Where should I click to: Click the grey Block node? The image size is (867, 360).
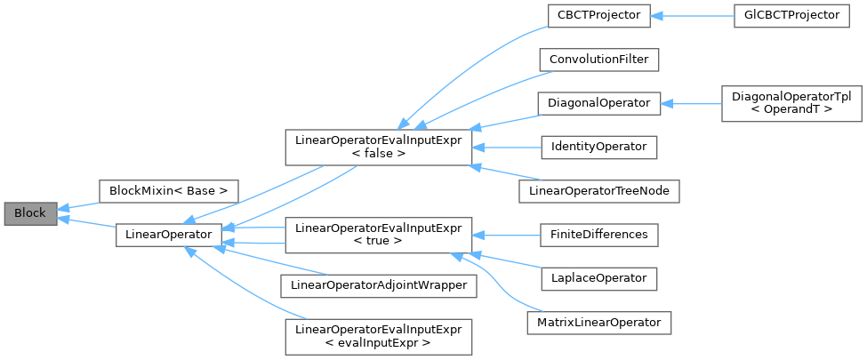tap(30, 212)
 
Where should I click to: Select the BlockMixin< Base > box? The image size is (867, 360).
tap(168, 190)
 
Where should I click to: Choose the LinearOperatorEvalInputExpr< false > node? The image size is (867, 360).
tap(377, 147)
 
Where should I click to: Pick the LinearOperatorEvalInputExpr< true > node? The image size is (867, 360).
tap(377, 235)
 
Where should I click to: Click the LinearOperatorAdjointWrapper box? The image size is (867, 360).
tap(377, 285)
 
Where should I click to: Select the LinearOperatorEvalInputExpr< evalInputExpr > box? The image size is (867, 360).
tap(377, 336)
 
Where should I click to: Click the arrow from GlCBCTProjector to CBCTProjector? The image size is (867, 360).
tap(694, 16)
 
